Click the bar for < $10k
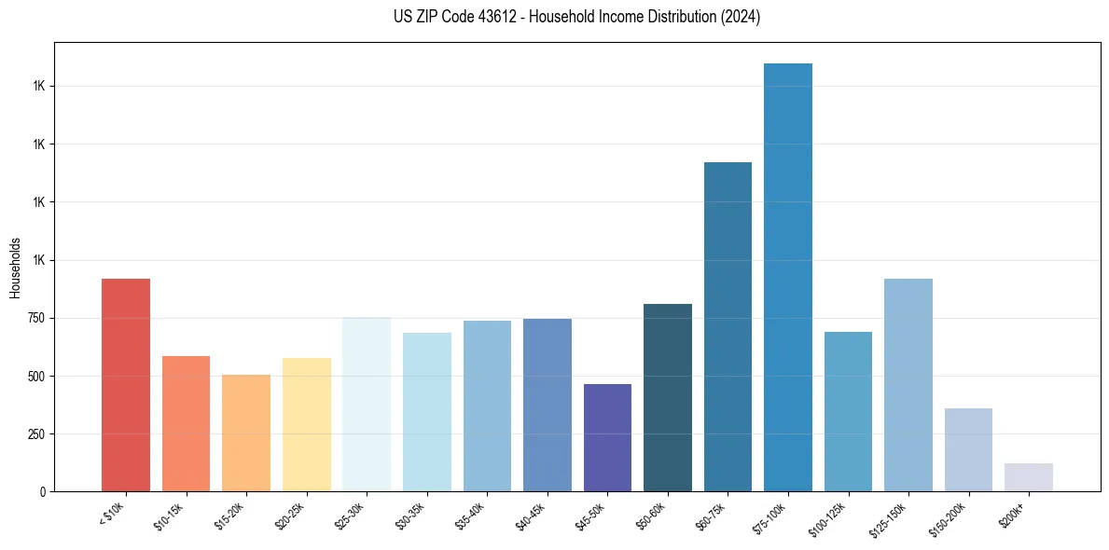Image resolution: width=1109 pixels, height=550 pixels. (x=126, y=385)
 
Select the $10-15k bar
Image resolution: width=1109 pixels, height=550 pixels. (x=186, y=423)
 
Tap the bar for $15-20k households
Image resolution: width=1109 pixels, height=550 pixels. (x=246, y=433)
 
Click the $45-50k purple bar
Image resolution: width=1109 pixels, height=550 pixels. (x=607, y=437)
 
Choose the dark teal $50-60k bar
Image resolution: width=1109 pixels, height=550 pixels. (x=668, y=397)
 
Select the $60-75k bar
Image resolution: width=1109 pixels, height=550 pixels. (x=728, y=326)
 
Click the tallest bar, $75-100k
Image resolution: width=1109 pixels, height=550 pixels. (x=788, y=277)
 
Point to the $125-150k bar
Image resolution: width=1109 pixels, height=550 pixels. (x=908, y=385)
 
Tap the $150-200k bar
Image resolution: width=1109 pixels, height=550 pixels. (x=968, y=449)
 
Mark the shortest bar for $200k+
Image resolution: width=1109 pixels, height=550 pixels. (x=1029, y=477)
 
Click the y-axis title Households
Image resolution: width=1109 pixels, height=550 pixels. (x=15, y=267)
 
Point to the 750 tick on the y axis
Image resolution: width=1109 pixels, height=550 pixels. (x=36, y=318)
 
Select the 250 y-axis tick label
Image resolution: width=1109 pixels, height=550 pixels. (x=36, y=434)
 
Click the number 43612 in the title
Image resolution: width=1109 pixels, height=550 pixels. (x=497, y=17)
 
